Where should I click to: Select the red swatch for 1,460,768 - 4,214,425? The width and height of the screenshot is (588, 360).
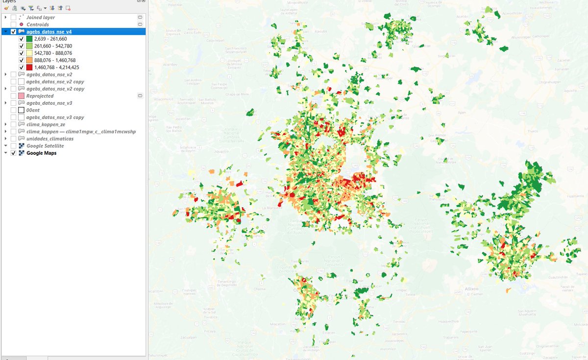(29, 67)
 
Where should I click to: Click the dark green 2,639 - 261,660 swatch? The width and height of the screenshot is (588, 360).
(29, 39)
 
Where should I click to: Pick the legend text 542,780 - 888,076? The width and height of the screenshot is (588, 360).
(53, 53)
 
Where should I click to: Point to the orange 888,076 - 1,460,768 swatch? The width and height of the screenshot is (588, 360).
(29, 60)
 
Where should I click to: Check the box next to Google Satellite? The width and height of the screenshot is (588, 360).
(13, 146)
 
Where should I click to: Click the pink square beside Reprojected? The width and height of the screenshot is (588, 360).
(21, 96)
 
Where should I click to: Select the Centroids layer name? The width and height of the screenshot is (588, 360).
(38, 24)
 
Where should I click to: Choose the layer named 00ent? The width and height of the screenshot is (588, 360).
(33, 110)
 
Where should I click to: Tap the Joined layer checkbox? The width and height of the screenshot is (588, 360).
(13, 17)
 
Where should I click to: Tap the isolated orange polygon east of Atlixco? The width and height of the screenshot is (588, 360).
(508, 290)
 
